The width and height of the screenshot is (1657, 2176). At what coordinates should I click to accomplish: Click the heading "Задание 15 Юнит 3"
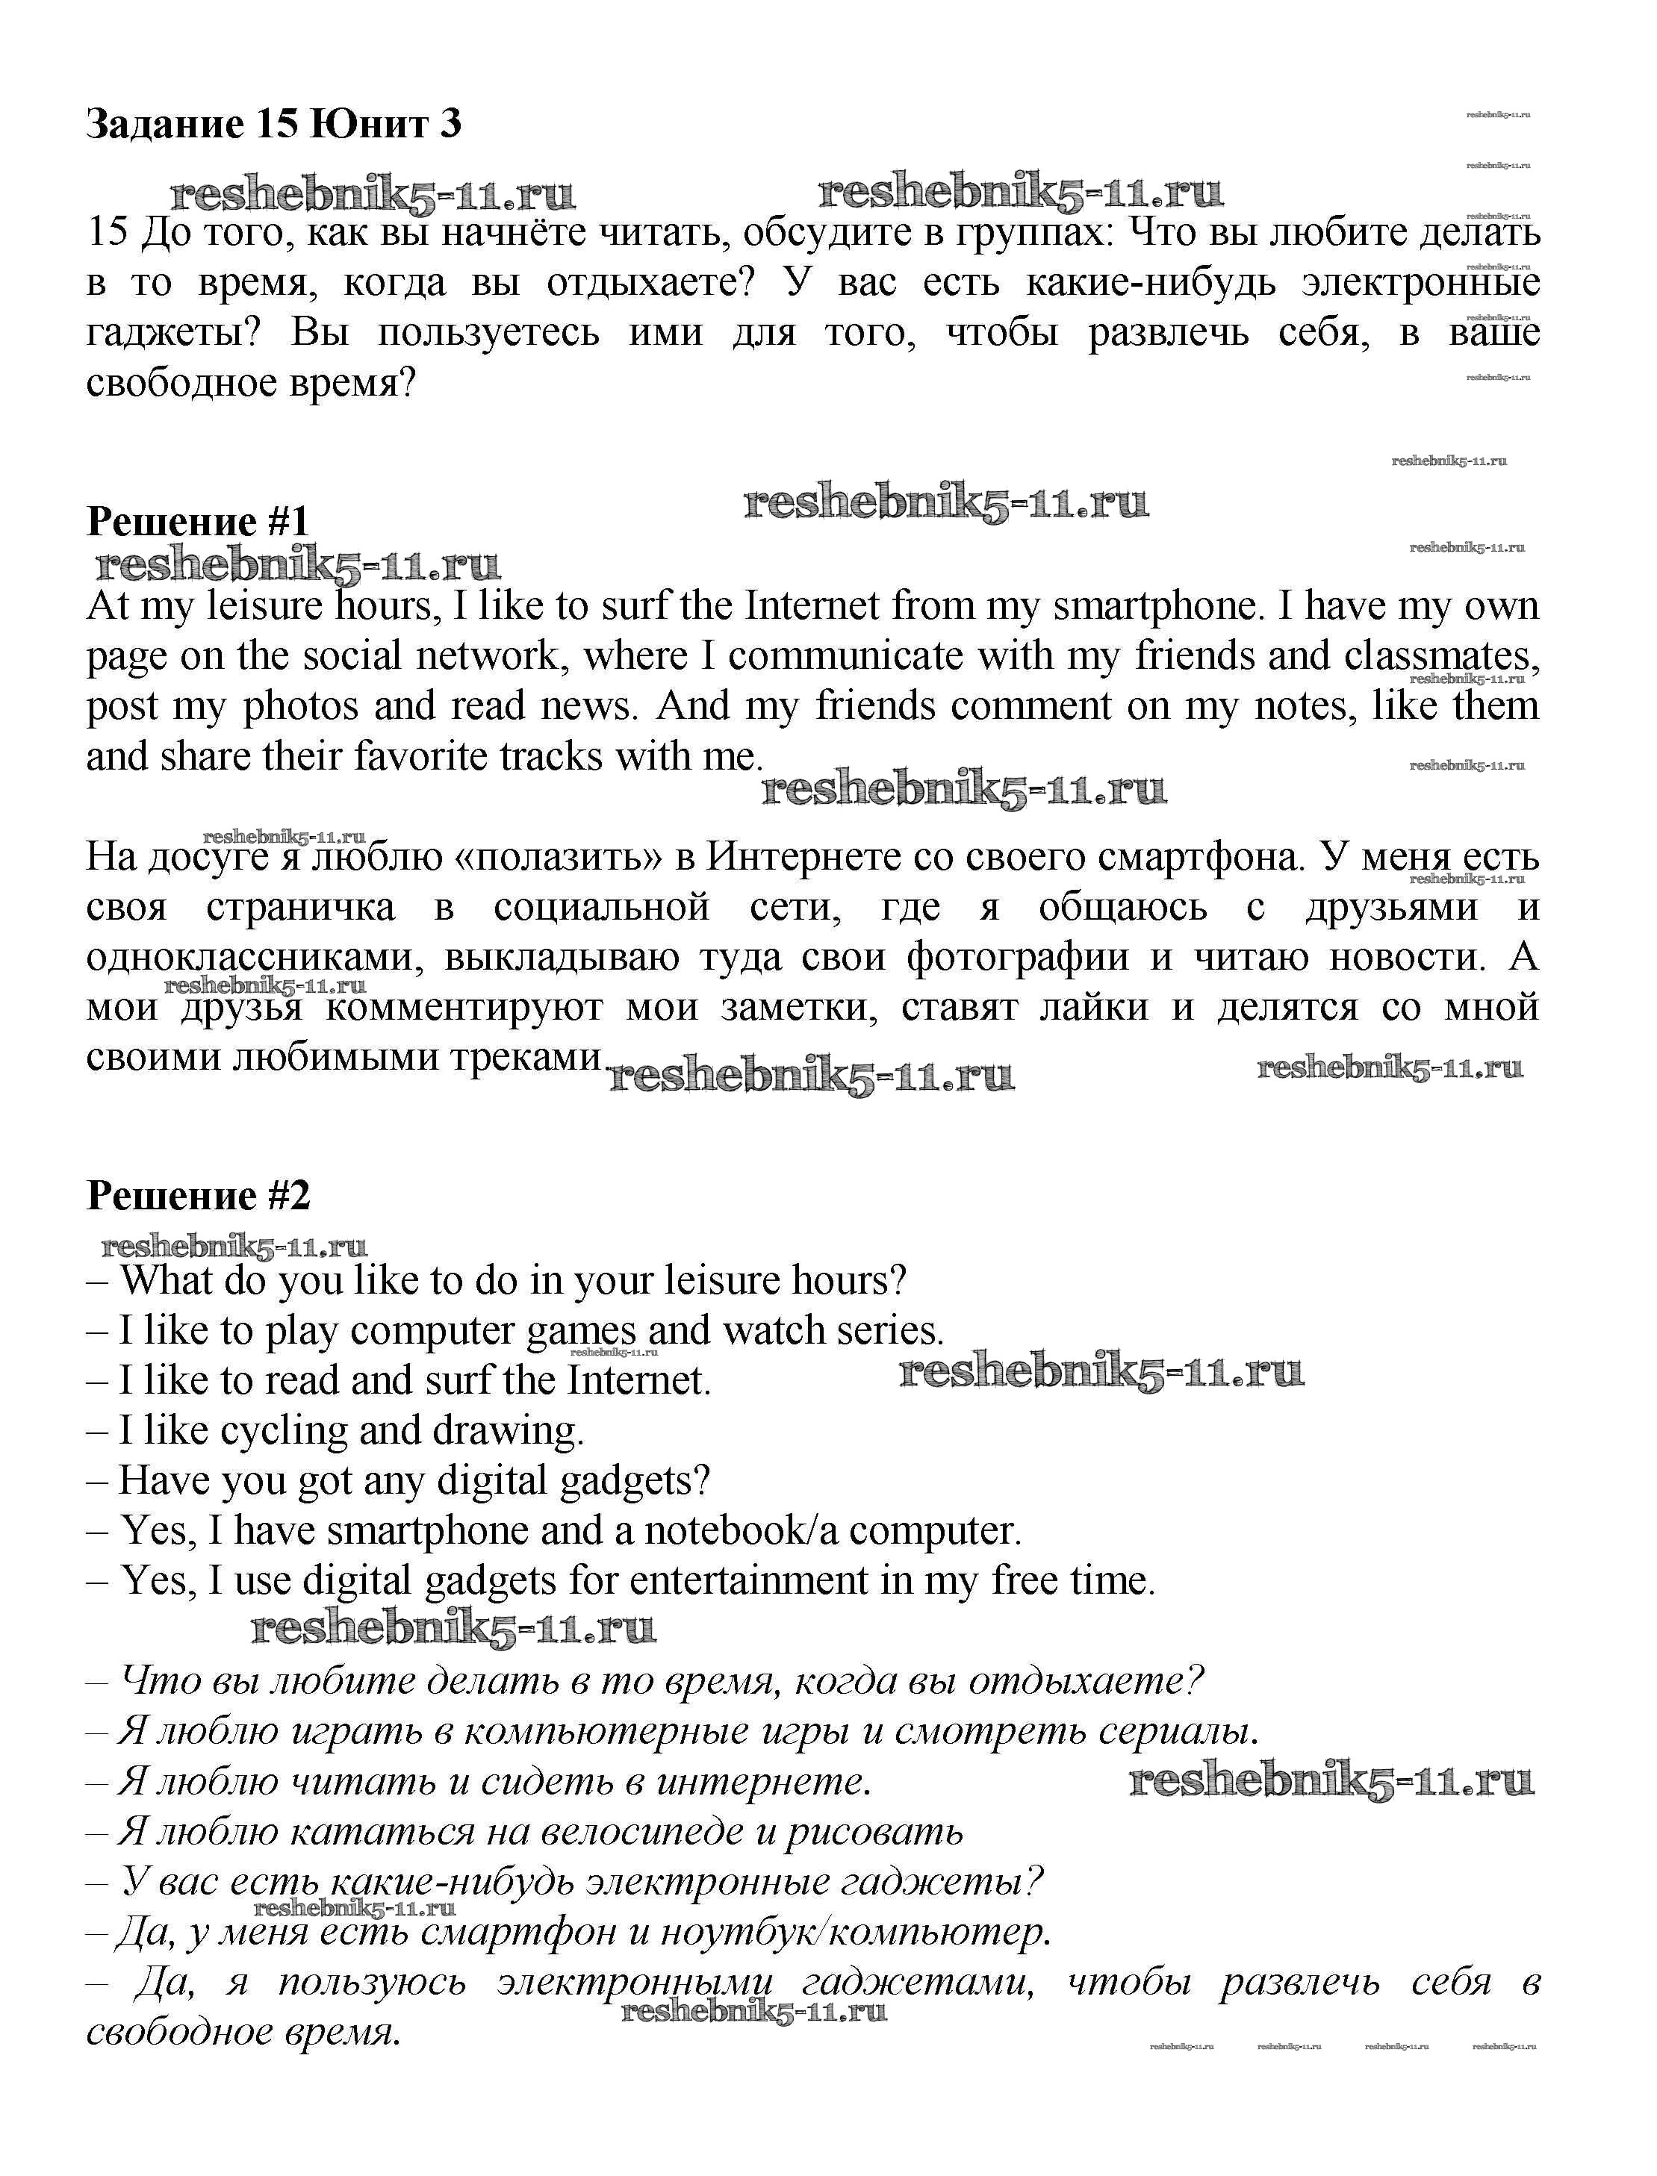pyautogui.click(x=273, y=124)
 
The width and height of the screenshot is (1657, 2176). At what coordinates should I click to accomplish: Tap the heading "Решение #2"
pyautogui.click(x=198, y=1196)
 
